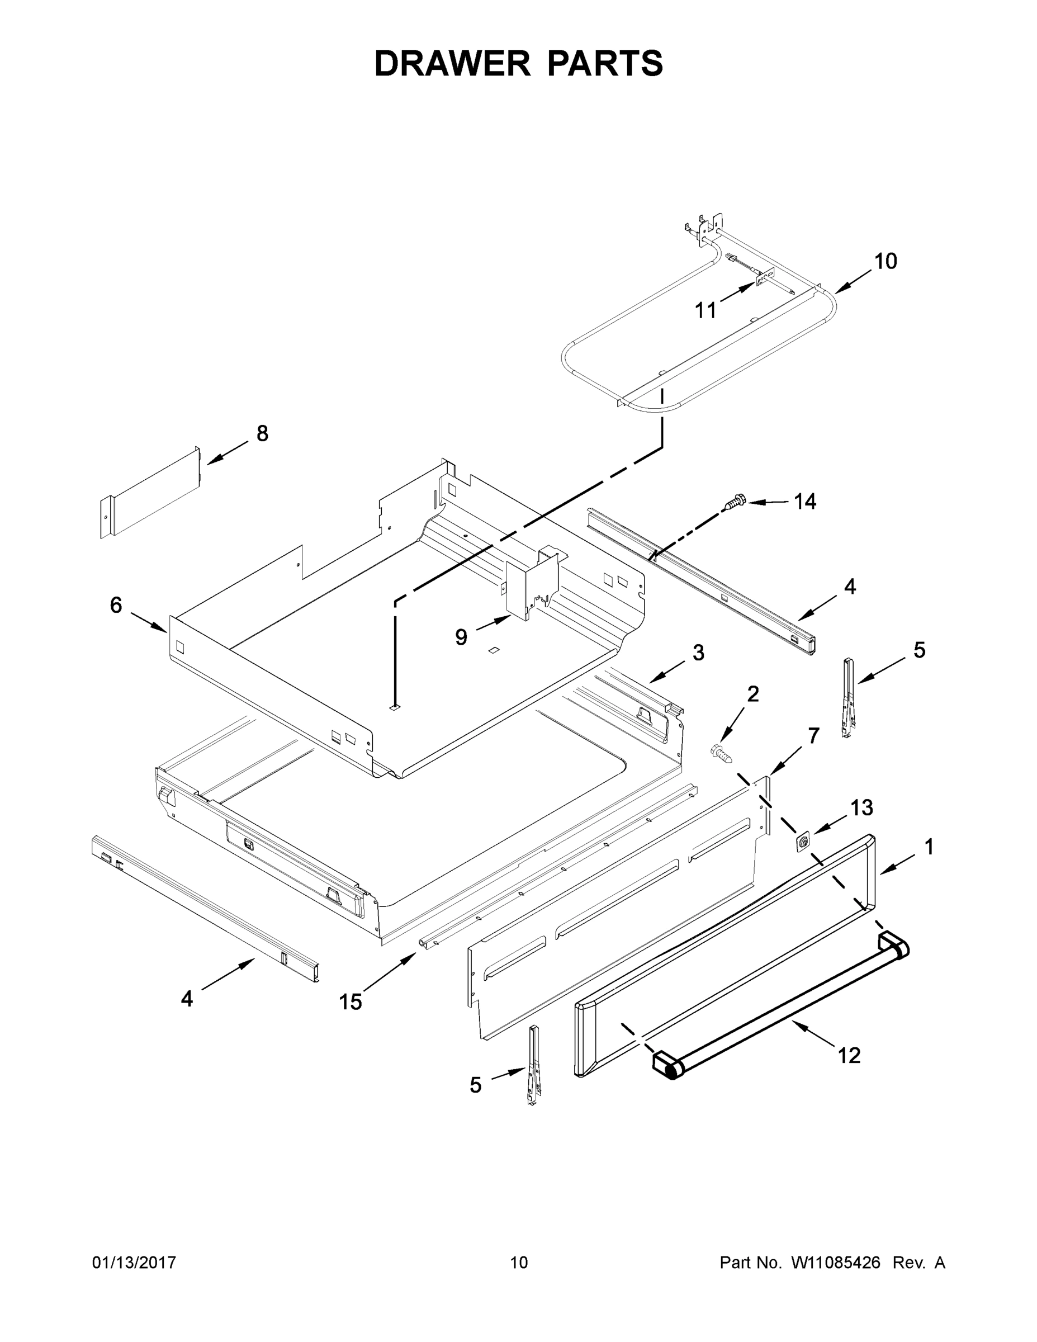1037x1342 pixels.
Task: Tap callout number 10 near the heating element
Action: tap(886, 261)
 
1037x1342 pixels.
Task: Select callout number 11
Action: tap(705, 311)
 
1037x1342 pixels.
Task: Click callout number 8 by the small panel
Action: tap(262, 434)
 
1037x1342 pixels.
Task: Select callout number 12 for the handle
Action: tap(849, 1056)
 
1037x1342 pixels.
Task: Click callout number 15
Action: tap(351, 1002)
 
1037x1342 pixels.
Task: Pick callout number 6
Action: tap(116, 605)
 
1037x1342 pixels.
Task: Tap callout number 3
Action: tap(698, 653)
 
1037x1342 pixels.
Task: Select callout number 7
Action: tap(813, 735)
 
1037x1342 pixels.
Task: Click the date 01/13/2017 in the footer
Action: tap(134, 1263)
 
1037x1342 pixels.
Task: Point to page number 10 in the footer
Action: tap(519, 1263)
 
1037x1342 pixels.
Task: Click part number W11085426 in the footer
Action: tap(836, 1263)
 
